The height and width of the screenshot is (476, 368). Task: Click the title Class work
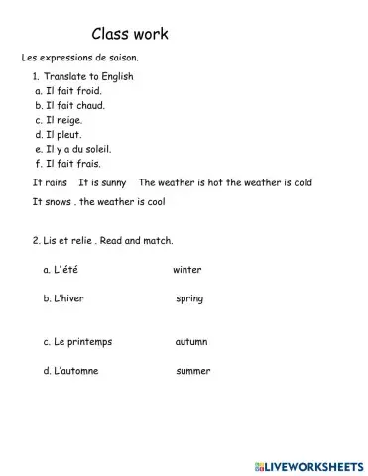129,35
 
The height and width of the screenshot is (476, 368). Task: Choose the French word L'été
61,269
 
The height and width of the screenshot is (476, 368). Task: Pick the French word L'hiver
62,297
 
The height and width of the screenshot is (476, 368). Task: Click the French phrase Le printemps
77,342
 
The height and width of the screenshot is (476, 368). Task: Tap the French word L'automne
70,371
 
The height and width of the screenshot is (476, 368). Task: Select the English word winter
187,269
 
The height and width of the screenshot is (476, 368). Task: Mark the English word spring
189,297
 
